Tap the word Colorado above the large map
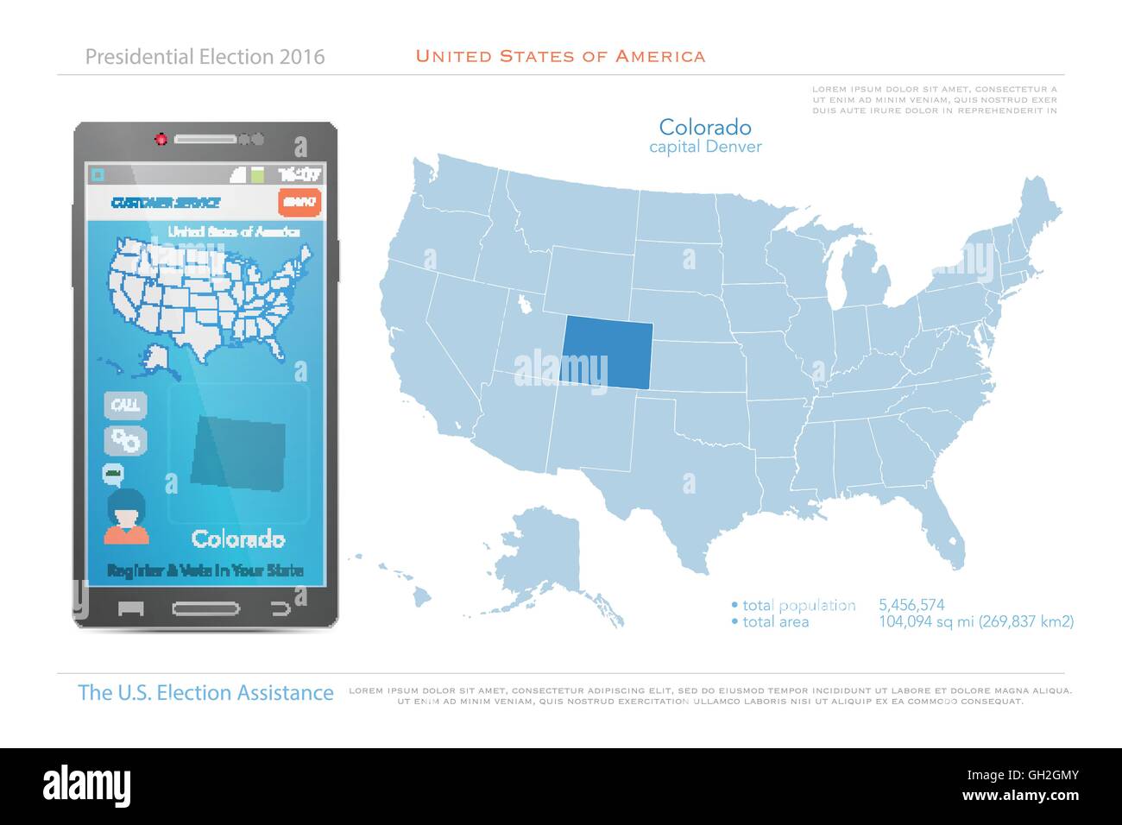(x=704, y=128)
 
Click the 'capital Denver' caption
(x=705, y=147)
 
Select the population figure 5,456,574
(x=911, y=605)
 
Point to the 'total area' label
(x=775, y=621)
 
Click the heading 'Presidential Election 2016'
(x=205, y=57)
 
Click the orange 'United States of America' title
(x=560, y=56)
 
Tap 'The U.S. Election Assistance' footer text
(x=205, y=693)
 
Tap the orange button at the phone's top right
(x=299, y=203)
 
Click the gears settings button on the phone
(x=126, y=440)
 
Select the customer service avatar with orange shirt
(x=126, y=518)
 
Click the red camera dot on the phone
(x=161, y=139)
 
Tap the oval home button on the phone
(x=206, y=608)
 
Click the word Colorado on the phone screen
(x=238, y=539)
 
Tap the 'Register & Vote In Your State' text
(x=205, y=570)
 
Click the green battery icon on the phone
(x=256, y=174)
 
